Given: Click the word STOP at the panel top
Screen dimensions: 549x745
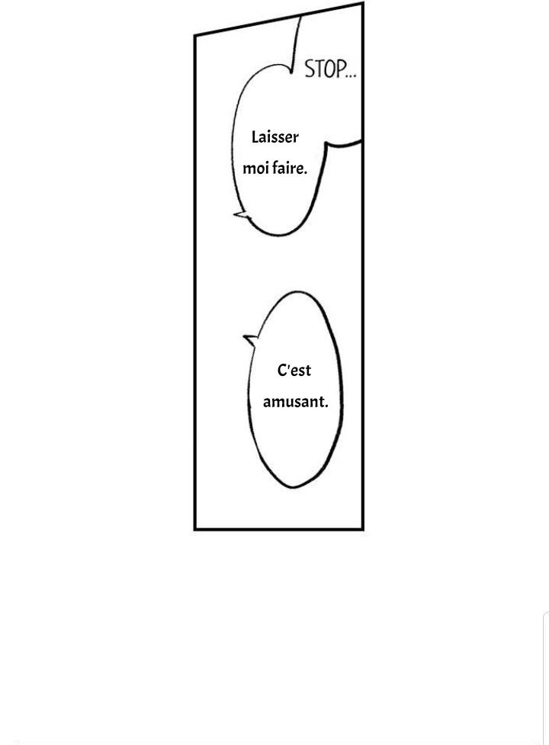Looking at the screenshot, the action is coord(326,69).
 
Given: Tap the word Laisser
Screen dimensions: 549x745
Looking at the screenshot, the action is coord(275,137).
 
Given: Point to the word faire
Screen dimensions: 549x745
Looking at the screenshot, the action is coord(289,169).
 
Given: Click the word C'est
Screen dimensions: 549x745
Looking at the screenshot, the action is coord(294,370).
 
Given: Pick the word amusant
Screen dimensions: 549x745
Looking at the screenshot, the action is coord(295,402).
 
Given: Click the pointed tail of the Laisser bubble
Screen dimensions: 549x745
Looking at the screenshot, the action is coord(235,215).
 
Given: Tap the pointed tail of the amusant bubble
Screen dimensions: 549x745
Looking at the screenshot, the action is coord(245,337).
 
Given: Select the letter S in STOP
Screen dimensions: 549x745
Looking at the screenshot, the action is coord(309,69).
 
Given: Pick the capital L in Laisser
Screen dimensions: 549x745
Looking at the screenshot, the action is coord(255,136).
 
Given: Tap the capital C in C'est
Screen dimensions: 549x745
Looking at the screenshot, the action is coord(281,370).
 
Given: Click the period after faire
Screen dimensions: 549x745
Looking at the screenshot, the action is coord(305,173).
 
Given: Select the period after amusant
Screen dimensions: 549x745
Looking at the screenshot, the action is coord(326,406).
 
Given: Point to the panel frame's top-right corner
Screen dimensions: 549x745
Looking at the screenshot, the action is coord(363,3).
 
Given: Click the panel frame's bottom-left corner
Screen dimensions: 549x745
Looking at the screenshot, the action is coord(194,529).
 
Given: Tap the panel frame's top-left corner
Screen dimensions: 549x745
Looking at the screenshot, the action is coord(194,35).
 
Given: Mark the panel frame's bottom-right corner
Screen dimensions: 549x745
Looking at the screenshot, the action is coord(363,529).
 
